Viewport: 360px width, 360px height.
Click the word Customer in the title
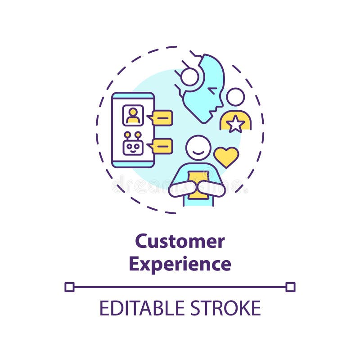point(180,242)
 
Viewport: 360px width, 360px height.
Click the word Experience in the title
point(180,264)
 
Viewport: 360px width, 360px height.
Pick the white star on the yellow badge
point(235,124)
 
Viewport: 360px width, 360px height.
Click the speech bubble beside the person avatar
point(162,118)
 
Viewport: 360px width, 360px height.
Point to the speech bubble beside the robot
point(162,146)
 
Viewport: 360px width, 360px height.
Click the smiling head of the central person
point(198,148)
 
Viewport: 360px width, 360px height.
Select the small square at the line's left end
point(69,287)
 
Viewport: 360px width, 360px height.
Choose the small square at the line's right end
point(291,287)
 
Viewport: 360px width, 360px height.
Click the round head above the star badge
point(235,97)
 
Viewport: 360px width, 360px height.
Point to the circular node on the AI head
point(189,77)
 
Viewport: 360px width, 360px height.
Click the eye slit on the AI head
point(212,90)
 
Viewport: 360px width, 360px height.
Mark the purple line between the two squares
point(180,287)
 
